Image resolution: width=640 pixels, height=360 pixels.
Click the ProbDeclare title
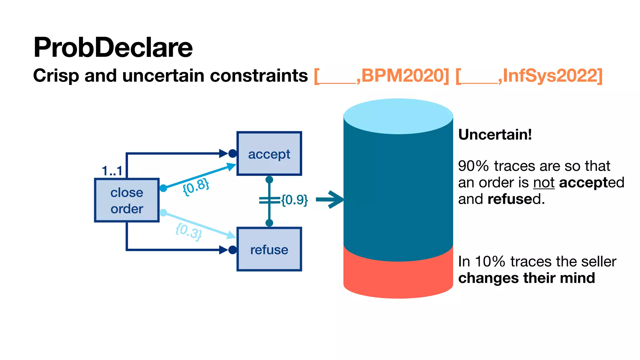(113, 47)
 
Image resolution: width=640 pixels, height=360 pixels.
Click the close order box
(127, 200)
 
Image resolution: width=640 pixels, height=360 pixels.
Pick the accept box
(269, 154)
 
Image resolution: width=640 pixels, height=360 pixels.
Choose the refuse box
(269, 249)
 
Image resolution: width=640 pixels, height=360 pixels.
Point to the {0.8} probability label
(196, 187)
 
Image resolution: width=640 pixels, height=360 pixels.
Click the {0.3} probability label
(188, 232)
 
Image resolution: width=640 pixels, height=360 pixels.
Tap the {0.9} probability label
(294, 200)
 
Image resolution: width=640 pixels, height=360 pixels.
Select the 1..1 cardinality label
(112, 171)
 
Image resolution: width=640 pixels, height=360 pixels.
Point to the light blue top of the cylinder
(398, 116)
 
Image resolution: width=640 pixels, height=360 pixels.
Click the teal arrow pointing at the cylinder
(330, 199)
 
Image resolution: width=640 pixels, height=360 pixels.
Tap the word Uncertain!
(495, 135)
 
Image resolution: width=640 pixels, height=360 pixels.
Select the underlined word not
(544, 182)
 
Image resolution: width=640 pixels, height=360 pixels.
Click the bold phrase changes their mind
(526, 278)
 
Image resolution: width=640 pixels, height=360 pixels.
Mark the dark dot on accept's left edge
(232, 153)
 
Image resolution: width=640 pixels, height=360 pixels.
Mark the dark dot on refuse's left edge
(232, 250)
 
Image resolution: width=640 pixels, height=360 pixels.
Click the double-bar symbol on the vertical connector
(269, 200)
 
